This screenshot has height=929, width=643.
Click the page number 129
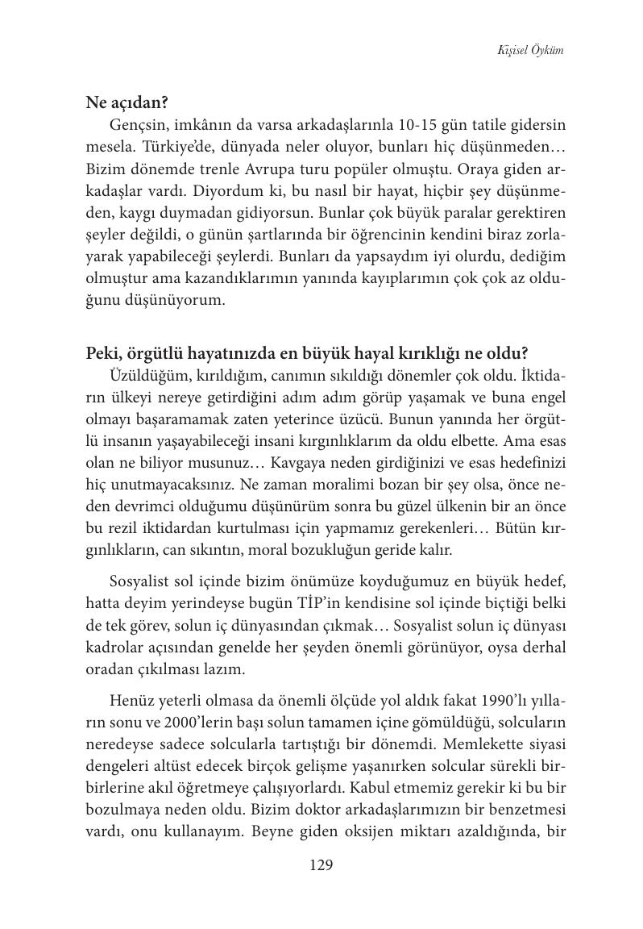(x=321, y=866)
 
